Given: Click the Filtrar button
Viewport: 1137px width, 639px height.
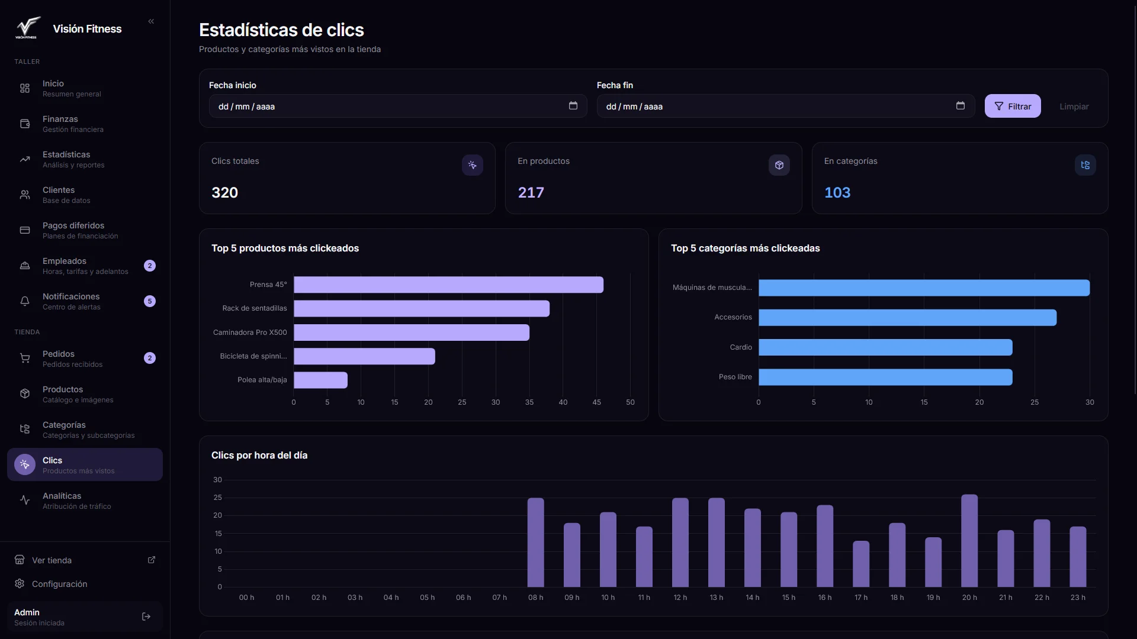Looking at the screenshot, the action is pos(1012,106).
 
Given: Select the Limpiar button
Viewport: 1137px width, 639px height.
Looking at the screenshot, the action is pos(1074,106).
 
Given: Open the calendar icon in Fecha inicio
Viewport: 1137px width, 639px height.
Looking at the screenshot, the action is pos(573,106).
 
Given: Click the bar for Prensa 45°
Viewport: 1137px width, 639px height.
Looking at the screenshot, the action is pos(448,285).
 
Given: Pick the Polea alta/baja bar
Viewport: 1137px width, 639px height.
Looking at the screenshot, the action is pos(320,380).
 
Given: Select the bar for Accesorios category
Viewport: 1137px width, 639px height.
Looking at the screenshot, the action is pos(907,318).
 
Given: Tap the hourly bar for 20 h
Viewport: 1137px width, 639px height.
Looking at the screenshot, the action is pos(969,541).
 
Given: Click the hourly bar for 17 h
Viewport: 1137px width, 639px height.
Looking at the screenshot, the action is pos(861,564).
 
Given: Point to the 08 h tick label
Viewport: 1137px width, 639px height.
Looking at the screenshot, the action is pos(535,598).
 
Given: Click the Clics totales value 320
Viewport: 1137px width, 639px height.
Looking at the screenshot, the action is pos(224,192).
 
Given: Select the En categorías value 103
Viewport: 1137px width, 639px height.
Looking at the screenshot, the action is pos(837,192).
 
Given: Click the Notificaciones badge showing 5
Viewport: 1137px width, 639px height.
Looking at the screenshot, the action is pos(150,301).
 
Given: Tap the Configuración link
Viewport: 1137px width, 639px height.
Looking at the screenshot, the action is pos(59,584).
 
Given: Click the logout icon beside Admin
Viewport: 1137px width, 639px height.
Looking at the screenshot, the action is pos(146,617).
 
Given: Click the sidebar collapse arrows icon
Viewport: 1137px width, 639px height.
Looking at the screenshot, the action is pos(151,21).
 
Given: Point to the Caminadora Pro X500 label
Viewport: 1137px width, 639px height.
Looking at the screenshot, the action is pos(250,333).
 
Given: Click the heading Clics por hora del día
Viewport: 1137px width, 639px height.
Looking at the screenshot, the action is pos(259,455).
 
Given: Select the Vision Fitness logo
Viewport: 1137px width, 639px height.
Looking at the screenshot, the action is pos(27,28).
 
